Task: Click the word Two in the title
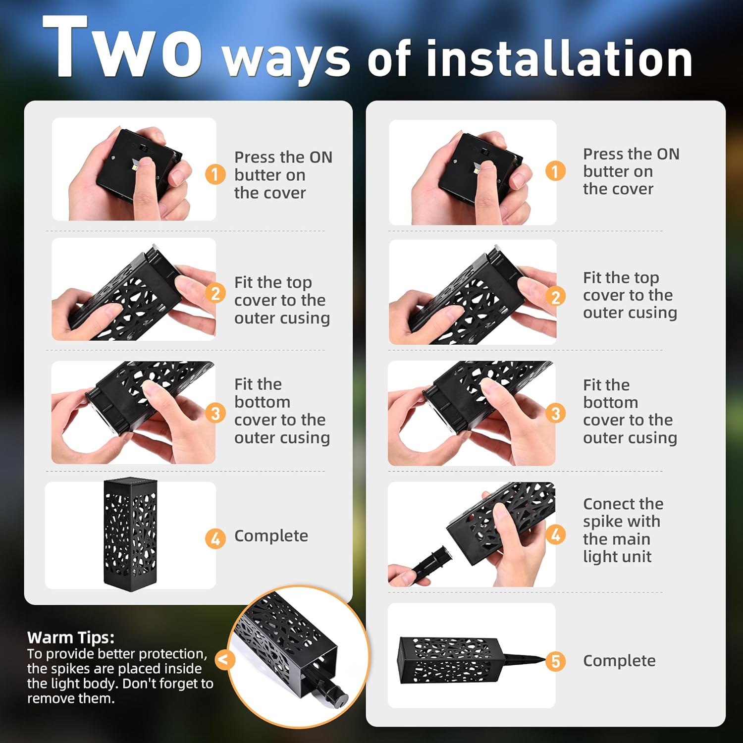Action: (122, 49)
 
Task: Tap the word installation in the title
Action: (559, 59)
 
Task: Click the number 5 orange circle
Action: (555, 661)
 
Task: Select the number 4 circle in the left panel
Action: (215, 538)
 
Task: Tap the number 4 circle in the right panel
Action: (555, 534)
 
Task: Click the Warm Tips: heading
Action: (70, 637)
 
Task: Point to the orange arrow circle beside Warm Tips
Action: (224, 660)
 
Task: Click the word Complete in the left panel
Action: (271, 536)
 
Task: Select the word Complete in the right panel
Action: (619, 661)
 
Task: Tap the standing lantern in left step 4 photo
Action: (130, 535)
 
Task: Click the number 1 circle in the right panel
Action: (555, 171)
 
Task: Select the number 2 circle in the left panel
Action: (215, 293)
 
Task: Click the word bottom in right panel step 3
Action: (610, 402)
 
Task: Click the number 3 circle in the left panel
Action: (215, 413)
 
